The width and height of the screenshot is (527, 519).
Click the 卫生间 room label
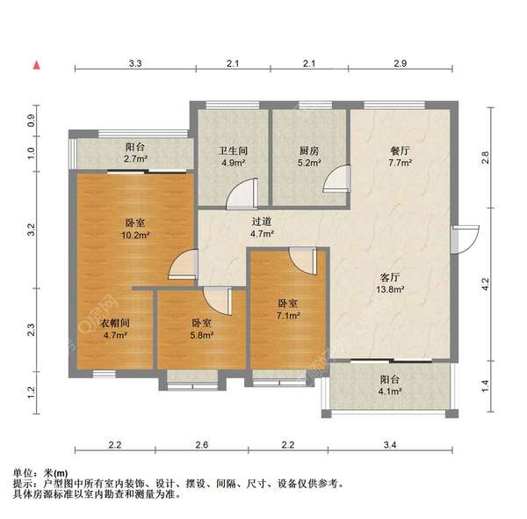pyautogui.click(x=233, y=150)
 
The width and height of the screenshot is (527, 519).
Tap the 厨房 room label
pyautogui.click(x=309, y=150)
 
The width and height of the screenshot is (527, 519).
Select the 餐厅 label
pyautogui.click(x=401, y=150)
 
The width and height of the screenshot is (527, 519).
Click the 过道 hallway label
pyautogui.click(x=263, y=223)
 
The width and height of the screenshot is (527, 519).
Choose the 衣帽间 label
pyautogui.click(x=116, y=323)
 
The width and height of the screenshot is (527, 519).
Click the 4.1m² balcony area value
pyautogui.click(x=391, y=392)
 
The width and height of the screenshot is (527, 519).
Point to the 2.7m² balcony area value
pyautogui.click(x=134, y=161)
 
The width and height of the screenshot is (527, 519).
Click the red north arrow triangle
pyautogui.click(x=36, y=65)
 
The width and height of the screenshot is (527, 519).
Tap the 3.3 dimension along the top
pyautogui.click(x=135, y=64)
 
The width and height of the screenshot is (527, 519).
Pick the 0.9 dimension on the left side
pyautogui.click(x=31, y=121)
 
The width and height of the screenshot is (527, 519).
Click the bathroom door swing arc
pyautogui.click(x=245, y=192)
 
